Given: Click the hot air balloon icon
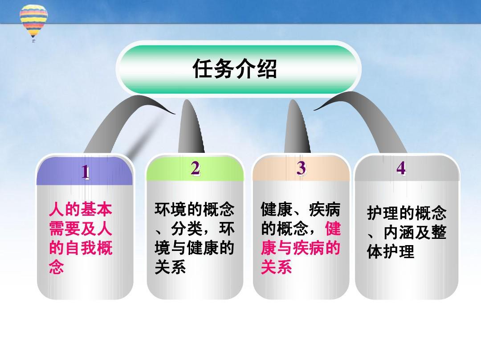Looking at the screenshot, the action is [34, 21].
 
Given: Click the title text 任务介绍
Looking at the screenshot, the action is [235, 69].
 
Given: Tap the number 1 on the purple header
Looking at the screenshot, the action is [85, 172].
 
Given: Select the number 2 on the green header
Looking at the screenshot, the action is [195, 168].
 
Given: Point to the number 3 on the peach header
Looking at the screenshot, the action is [301, 168].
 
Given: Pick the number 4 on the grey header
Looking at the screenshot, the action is [401, 168].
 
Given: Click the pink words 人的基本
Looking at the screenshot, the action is [80, 209].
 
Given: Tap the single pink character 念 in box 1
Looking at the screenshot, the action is [57, 267].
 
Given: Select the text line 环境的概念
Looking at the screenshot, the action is [195, 209].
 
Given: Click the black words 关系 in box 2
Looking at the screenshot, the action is [170, 267].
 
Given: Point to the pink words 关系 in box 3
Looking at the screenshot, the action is [277, 267].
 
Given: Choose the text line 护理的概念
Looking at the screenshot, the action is [407, 213].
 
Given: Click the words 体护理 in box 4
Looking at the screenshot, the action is [391, 251].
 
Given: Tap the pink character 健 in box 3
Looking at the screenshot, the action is [333, 228].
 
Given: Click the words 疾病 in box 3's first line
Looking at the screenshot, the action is [325, 209].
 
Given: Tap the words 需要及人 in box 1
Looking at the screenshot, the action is [80, 228].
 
